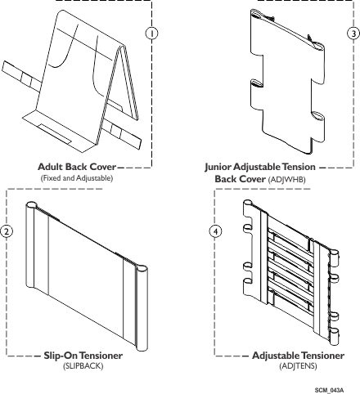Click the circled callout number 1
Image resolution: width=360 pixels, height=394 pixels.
point(152,34)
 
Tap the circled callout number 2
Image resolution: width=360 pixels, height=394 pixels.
point(7,231)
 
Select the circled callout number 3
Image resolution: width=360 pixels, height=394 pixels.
point(353,34)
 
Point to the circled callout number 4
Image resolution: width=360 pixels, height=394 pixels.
point(215,231)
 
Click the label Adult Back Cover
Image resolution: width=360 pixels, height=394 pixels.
point(77,167)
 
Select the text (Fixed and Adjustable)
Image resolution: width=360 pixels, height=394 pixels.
point(77,178)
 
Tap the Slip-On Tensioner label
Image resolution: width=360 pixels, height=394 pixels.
point(83,356)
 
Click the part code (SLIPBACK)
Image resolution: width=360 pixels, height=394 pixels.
point(83,366)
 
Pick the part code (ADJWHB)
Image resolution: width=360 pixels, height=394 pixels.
point(287,180)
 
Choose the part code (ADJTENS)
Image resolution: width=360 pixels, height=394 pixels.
point(298,365)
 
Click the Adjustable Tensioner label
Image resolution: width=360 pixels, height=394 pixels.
point(298,356)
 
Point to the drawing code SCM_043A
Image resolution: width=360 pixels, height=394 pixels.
point(329,390)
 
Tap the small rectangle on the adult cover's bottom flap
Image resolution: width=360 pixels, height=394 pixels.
point(55,134)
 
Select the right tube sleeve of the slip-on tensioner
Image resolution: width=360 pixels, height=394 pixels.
point(142,308)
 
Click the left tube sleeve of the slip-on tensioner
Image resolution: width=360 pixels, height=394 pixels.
point(30,245)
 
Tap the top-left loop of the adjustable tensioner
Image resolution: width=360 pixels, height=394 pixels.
point(248,208)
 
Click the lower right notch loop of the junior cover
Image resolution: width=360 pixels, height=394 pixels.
point(318,117)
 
